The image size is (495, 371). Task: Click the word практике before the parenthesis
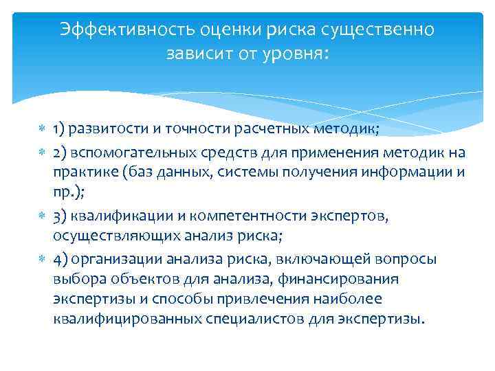tap(85, 171)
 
